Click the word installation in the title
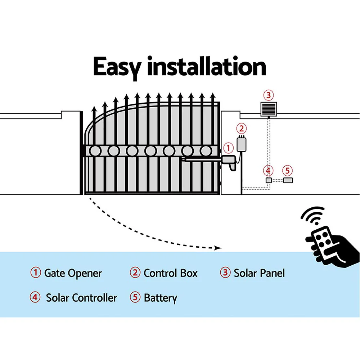click(x=206, y=67)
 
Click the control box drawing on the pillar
click(x=241, y=144)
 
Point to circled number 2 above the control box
click(x=242, y=128)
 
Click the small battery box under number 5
click(x=288, y=180)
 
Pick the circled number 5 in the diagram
click(x=287, y=170)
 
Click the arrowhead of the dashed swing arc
click(x=217, y=248)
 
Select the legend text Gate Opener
click(x=73, y=273)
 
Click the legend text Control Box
click(x=170, y=273)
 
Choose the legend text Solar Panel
click(x=259, y=273)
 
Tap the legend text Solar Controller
click(x=81, y=298)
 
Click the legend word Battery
click(x=160, y=298)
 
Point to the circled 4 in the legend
click(x=35, y=298)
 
